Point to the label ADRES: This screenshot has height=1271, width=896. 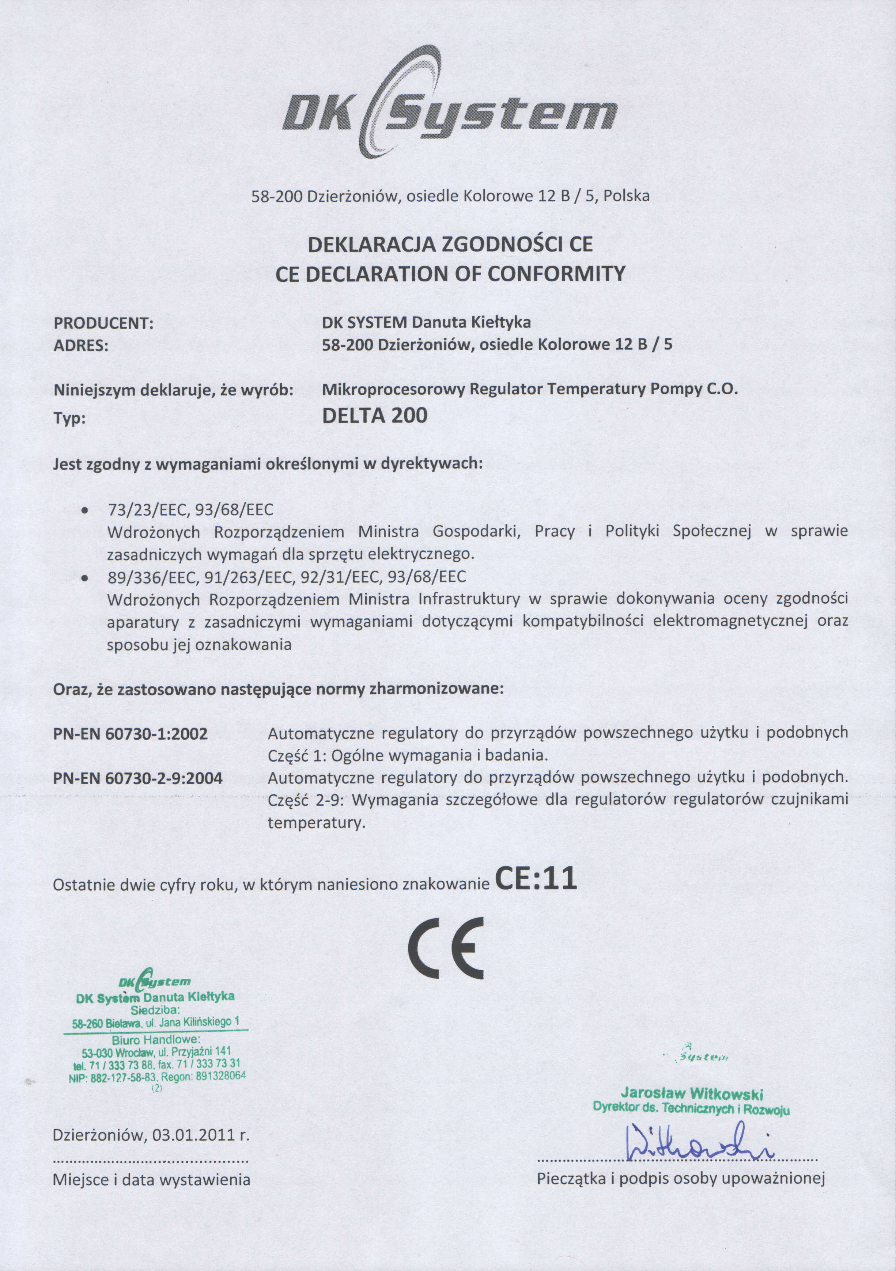[81, 346]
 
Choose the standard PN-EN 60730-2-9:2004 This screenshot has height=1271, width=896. [138, 779]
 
